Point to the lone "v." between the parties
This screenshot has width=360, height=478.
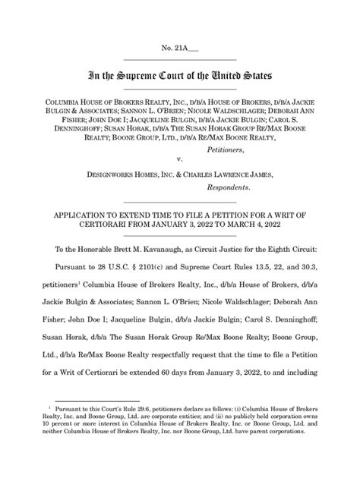(x=179, y=160)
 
